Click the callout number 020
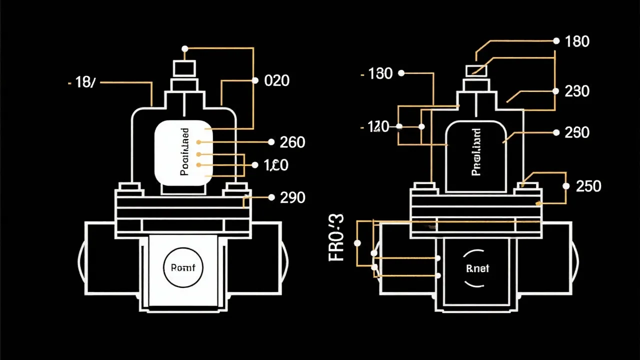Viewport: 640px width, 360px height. (276, 80)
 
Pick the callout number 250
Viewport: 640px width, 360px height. (588, 186)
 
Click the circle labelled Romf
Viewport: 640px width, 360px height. (183, 267)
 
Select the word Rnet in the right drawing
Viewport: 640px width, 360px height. (477, 268)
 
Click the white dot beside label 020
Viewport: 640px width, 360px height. (254, 80)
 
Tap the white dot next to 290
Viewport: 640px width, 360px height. (271, 197)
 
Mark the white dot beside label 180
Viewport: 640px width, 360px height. (555, 40)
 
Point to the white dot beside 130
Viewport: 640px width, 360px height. (401, 73)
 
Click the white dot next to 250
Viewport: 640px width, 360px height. (566, 186)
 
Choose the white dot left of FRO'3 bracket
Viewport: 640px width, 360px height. (357, 243)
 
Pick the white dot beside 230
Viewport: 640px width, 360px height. (555, 91)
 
